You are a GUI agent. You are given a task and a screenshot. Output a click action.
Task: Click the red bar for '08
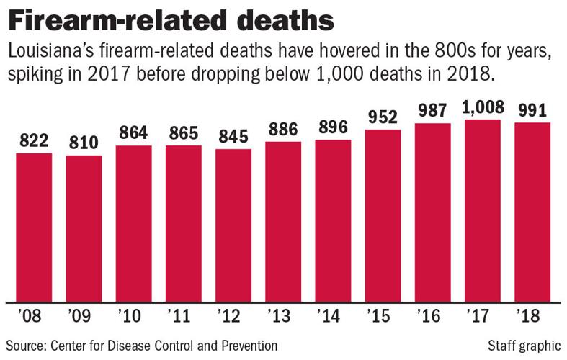pos(34,228)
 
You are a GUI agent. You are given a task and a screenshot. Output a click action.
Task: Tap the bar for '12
pos(233,225)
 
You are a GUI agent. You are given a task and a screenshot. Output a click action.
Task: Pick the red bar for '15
pos(383,215)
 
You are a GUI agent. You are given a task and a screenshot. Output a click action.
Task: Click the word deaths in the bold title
pos(278,19)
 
